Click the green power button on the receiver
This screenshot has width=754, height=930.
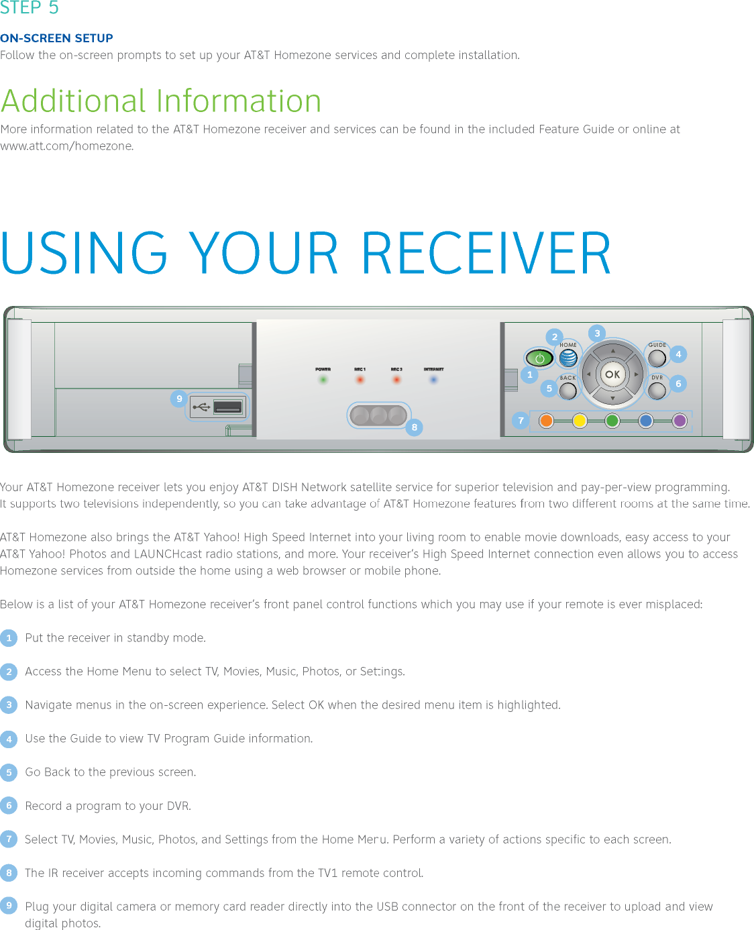(x=539, y=358)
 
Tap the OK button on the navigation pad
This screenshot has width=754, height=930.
(x=612, y=374)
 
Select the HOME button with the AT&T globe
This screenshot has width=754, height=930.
(x=568, y=358)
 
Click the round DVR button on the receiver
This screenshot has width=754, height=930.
(x=657, y=390)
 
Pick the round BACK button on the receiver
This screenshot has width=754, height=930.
(x=568, y=391)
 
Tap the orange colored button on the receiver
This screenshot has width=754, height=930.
(x=546, y=421)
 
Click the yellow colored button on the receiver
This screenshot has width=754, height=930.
(x=580, y=421)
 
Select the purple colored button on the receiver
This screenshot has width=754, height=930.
(x=680, y=421)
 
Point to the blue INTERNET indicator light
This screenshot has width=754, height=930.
(x=433, y=380)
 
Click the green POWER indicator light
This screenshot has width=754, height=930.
(x=323, y=380)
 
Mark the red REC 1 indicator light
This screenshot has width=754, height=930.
(x=360, y=380)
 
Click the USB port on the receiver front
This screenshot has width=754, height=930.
(x=227, y=407)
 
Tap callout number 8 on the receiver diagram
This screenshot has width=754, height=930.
(x=415, y=427)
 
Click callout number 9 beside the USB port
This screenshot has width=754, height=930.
(x=179, y=399)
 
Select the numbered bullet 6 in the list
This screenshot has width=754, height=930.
(x=9, y=805)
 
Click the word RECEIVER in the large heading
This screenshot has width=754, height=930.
(x=486, y=254)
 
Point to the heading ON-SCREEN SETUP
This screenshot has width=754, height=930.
(x=56, y=38)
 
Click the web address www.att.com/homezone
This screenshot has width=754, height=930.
(x=66, y=146)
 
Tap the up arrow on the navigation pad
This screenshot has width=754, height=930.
(x=612, y=351)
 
